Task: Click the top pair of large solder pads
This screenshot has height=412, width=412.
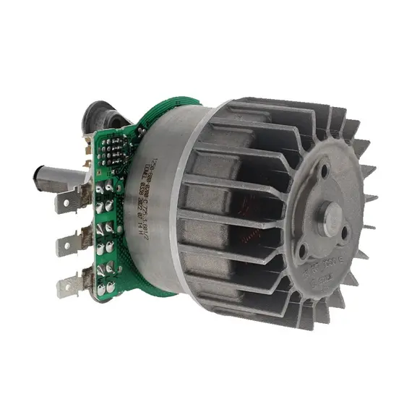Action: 106,191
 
